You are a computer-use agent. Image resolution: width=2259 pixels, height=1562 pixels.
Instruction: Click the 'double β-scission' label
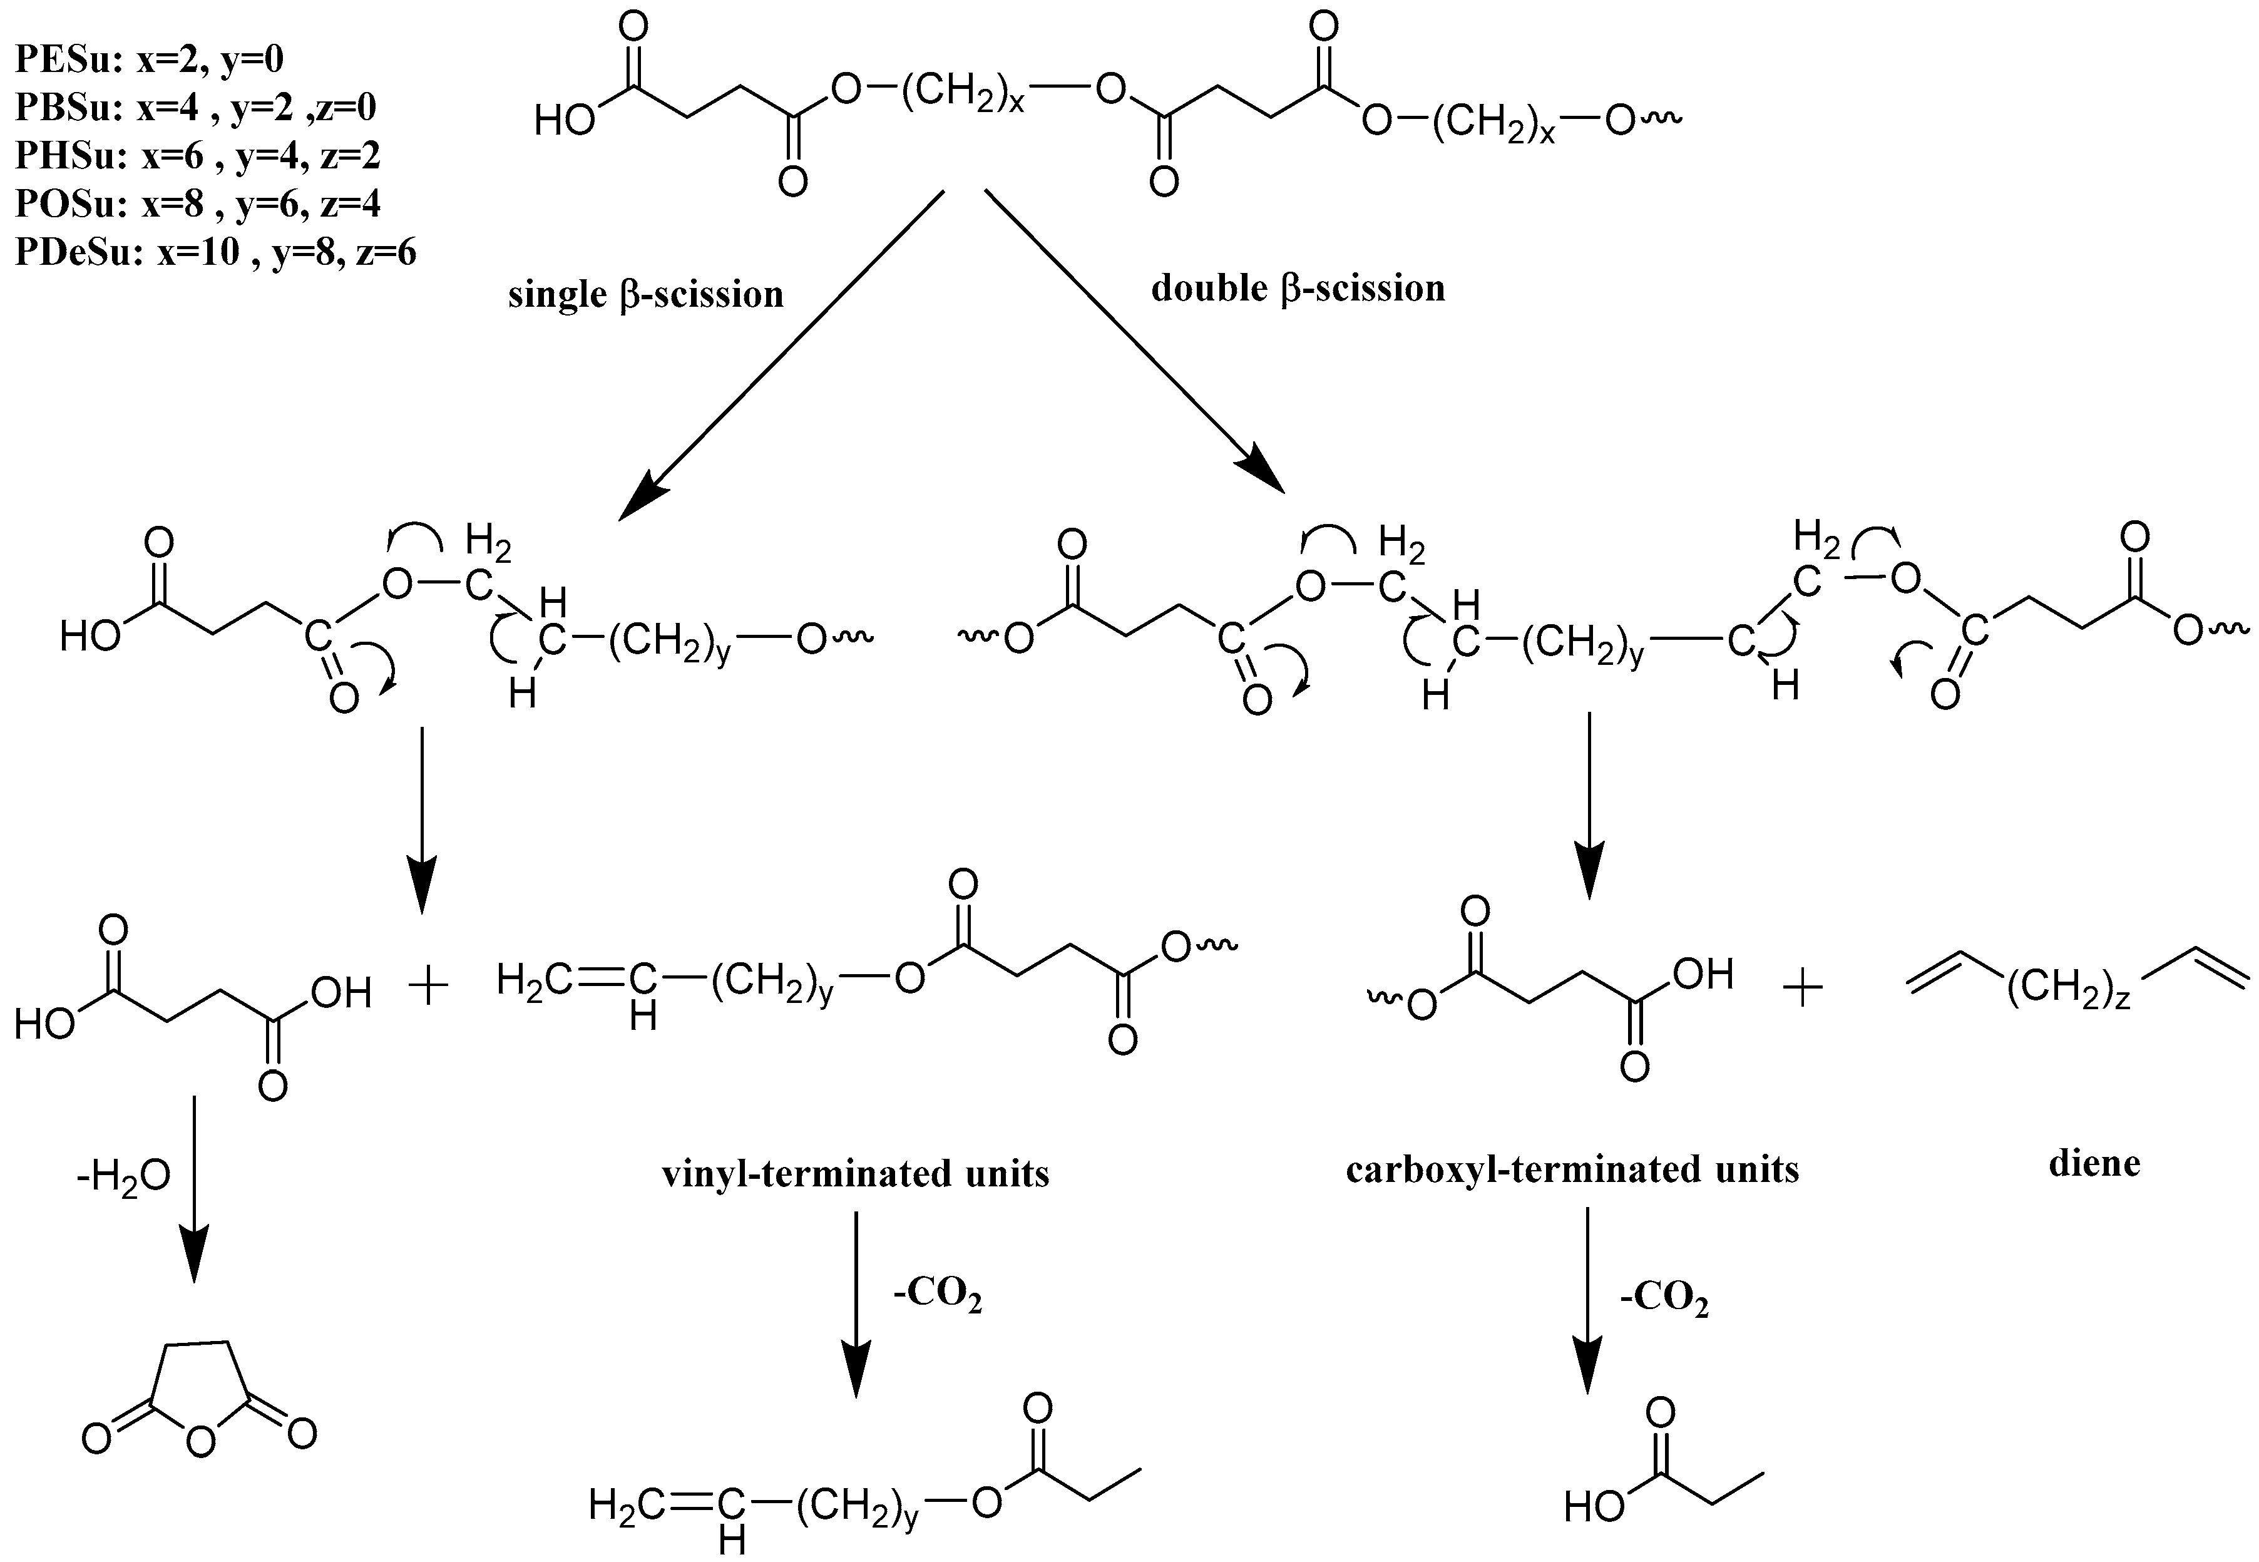(1298, 289)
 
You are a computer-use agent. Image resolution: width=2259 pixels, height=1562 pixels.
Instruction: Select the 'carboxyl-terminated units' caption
(1572, 1169)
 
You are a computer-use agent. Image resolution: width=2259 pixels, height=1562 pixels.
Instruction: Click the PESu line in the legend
(149, 61)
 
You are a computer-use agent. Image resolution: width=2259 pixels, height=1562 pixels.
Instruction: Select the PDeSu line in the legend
(215, 252)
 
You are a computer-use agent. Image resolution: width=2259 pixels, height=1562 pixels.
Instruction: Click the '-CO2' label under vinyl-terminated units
(936, 1298)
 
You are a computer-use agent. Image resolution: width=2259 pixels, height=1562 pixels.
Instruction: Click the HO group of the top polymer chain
(565, 122)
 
